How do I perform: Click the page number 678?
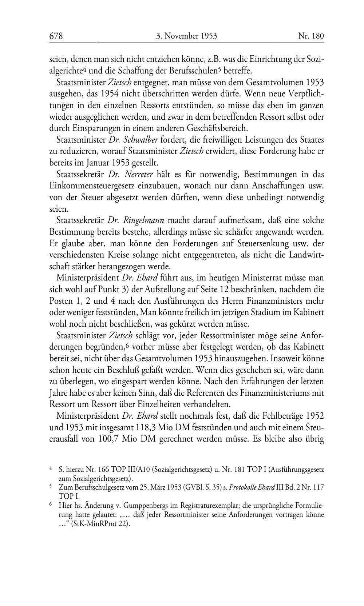pos(56,36)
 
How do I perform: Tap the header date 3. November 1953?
pos(186,36)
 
